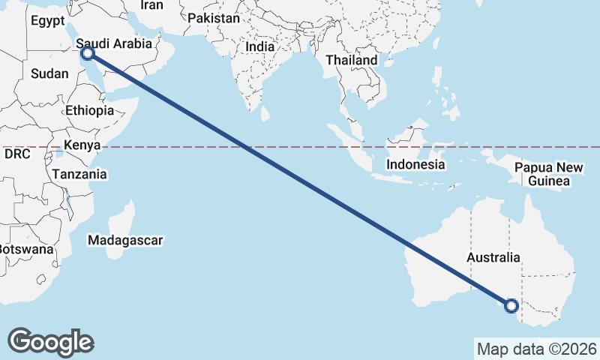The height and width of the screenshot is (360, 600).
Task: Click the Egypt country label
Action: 49,21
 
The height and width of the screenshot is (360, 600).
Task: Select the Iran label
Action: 151,5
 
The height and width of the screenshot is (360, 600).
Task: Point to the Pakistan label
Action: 214,18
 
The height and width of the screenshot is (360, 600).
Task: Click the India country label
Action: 260,46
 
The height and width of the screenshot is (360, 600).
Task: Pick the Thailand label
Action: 352,60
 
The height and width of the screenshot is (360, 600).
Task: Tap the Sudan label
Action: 49,73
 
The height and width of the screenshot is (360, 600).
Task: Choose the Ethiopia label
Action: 89,110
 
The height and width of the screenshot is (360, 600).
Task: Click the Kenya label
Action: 82,145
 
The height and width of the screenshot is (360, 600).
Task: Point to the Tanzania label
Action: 79,174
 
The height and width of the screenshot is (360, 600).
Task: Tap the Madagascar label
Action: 125,241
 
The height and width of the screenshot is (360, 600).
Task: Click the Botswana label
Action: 26,248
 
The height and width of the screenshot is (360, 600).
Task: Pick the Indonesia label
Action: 415,164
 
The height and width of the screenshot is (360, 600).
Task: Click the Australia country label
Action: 493,257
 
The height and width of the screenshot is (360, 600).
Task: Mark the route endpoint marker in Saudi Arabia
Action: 87,52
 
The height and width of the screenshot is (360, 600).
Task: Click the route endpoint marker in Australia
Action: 511,305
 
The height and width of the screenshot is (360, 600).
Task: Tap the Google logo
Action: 50,341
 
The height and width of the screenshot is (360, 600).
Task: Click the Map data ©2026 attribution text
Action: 536,349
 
